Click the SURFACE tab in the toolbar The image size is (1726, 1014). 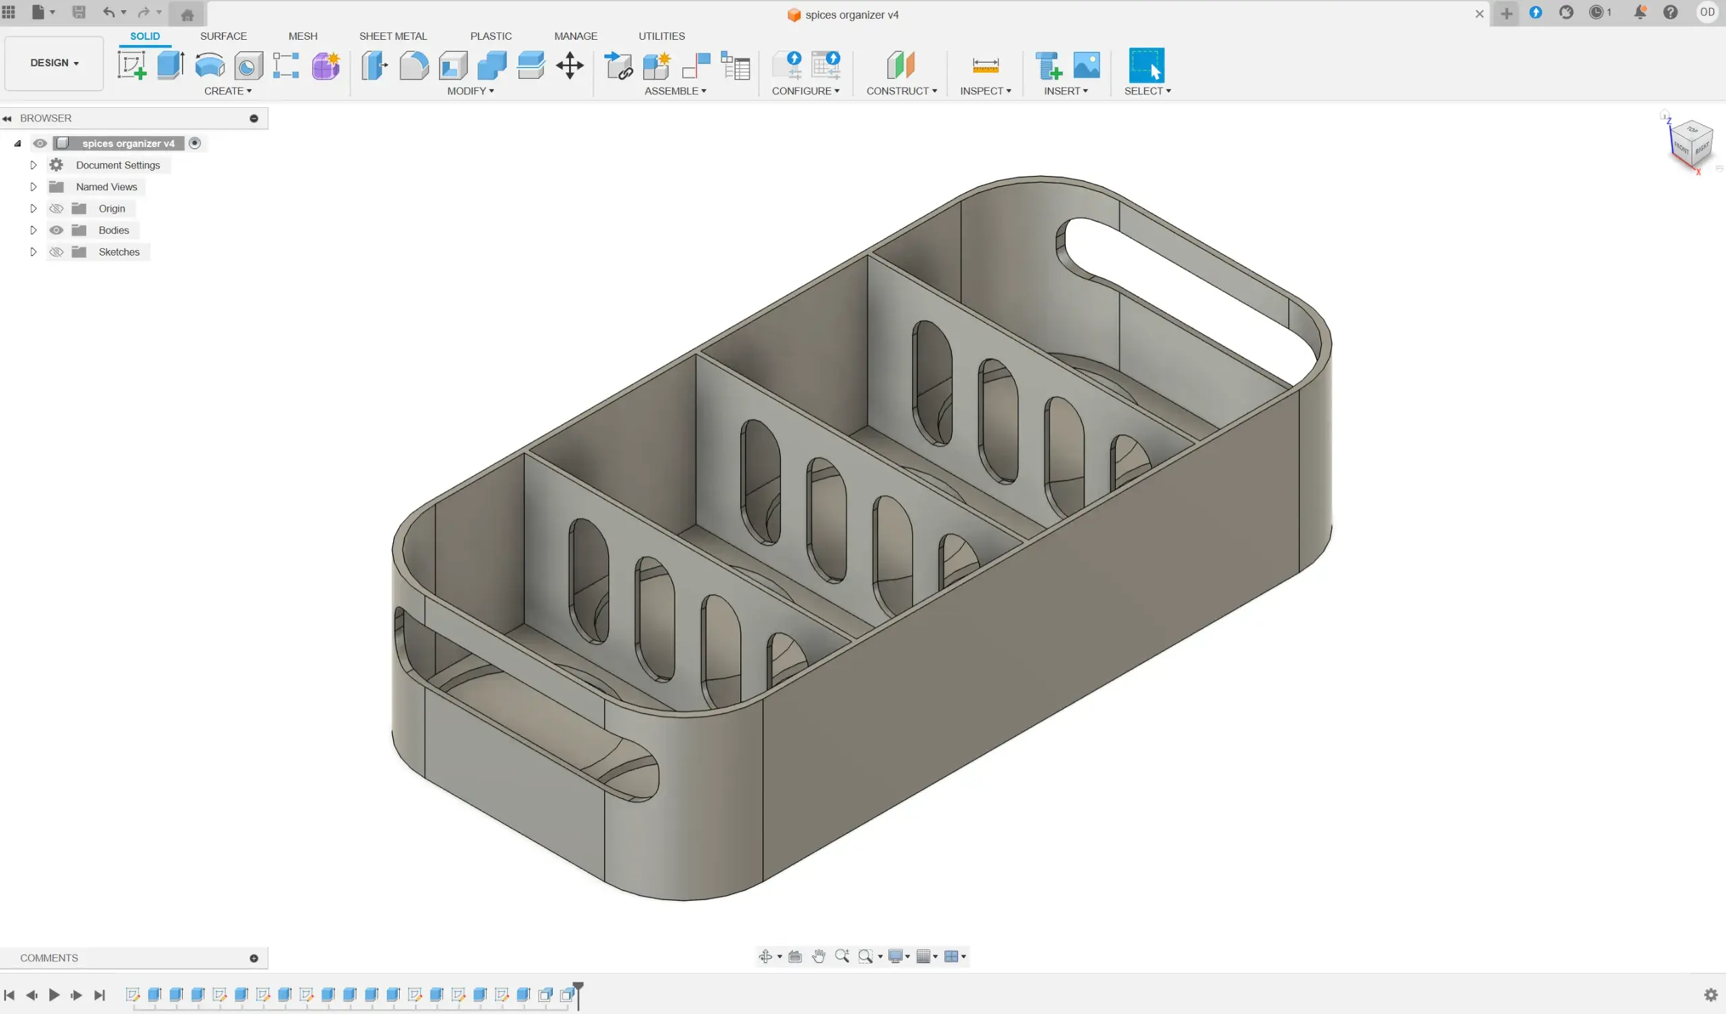[x=223, y=36]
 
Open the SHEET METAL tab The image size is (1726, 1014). [x=393, y=36]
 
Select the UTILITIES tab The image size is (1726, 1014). [x=661, y=36]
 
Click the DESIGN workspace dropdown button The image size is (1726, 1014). [x=54, y=63]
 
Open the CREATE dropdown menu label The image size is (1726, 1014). [x=228, y=91]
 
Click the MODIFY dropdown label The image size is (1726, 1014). [x=471, y=91]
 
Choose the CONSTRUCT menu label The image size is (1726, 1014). [x=901, y=91]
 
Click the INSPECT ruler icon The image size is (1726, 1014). [x=986, y=66]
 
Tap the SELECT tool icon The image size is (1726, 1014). [x=1147, y=65]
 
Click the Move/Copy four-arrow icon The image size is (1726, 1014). [x=570, y=66]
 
